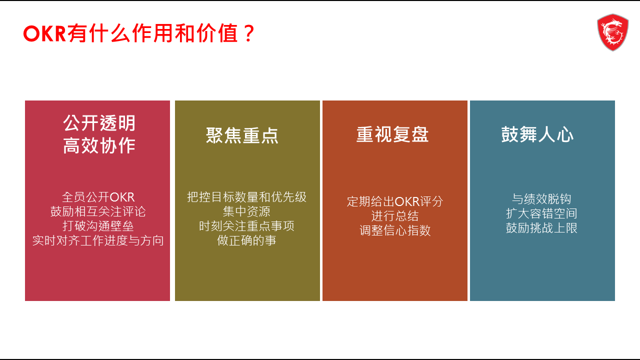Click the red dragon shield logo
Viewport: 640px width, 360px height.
[x=612, y=32]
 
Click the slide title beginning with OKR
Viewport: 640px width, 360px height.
[x=139, y=33]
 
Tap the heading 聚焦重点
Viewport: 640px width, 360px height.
[x=242, y=135]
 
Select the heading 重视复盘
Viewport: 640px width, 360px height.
[x=392, y=134]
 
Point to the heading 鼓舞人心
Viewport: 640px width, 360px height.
[x=537, y=134]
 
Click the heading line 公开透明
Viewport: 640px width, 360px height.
[x=99, y=123]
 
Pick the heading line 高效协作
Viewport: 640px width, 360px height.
[x=99, y=145]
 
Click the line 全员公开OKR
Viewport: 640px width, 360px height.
[x=98, y=197]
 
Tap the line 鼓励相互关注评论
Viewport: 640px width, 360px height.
[x=98, y=211]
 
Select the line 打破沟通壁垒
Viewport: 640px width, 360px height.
[x=98, y=226]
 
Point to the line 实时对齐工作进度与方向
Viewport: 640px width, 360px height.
[x=98, y=240]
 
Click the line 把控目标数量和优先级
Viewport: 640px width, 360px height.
[x=246, y=197]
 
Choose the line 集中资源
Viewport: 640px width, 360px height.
[x=246, y=211]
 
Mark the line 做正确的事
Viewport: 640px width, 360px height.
[x=246, y=240]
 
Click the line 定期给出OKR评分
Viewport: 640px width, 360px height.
[x=395, y=201]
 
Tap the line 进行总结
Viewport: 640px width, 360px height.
[x=395, y=216]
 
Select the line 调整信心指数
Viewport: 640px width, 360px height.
[x=395, y=230]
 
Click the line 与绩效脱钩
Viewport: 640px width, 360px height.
[x=541, y=199]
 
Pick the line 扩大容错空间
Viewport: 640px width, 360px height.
[x=541, y=213]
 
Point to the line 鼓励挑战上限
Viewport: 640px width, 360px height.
[x=541, y=228]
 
